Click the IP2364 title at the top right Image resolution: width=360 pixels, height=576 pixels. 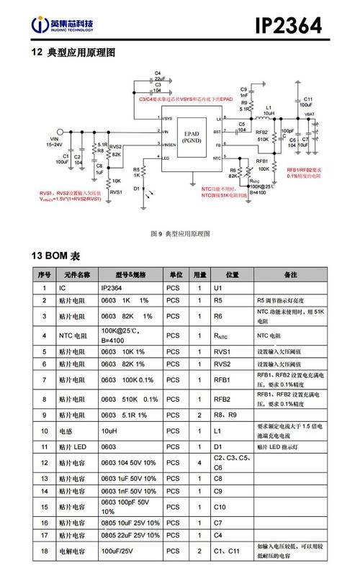(x=296, y=26)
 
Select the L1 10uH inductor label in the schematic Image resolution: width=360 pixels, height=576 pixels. (x=269, y=111)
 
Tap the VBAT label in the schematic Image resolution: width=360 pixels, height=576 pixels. (x=309, y=114)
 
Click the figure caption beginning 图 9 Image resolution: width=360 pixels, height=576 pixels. (x=179, y=235)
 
